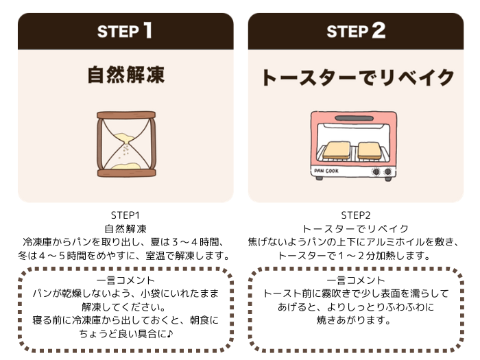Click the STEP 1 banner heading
pos(125,31)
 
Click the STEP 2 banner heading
pos(356,31)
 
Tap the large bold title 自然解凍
pos(125,75)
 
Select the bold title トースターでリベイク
pos(357,77)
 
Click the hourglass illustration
pos(125,144)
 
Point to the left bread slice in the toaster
pos(336,149)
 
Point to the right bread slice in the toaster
pos(370,149)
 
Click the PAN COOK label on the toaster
pos(328,170)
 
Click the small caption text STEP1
pos(125,215)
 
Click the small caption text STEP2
pos(356,215)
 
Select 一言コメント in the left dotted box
pos(125,280)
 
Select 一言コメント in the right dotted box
pos(356,280)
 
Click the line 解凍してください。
pos(125,307)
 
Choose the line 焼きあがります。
pos(356,320)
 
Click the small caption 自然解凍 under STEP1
pos(125,228)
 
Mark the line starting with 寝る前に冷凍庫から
pos(125,320)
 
